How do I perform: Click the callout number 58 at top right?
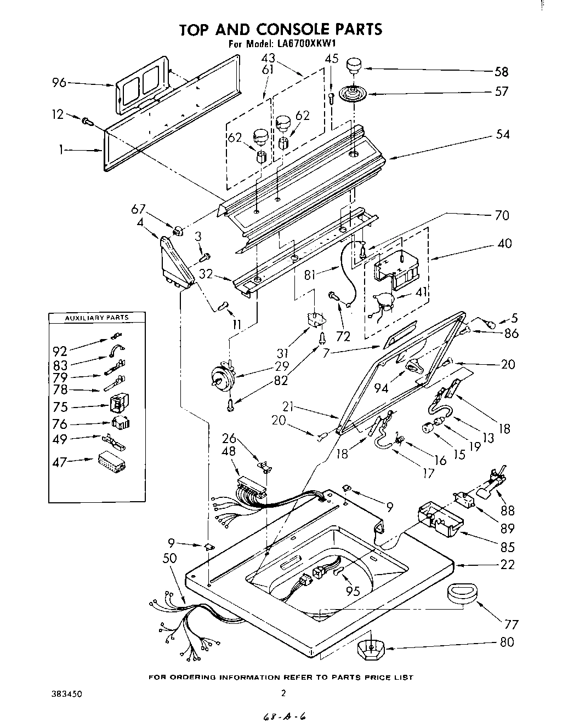tap(501, 72)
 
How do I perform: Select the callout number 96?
tap(59, 83)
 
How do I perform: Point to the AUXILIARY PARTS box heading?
tap(96, 318)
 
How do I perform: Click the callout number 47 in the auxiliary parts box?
tap(59, 462)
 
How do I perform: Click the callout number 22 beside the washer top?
tap(507, 565)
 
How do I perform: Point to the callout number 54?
tap(502, 134)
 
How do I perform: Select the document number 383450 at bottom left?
tap(67, 693)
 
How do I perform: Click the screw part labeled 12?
tap(86, 121)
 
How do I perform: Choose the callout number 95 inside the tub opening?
tap(353, 590)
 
